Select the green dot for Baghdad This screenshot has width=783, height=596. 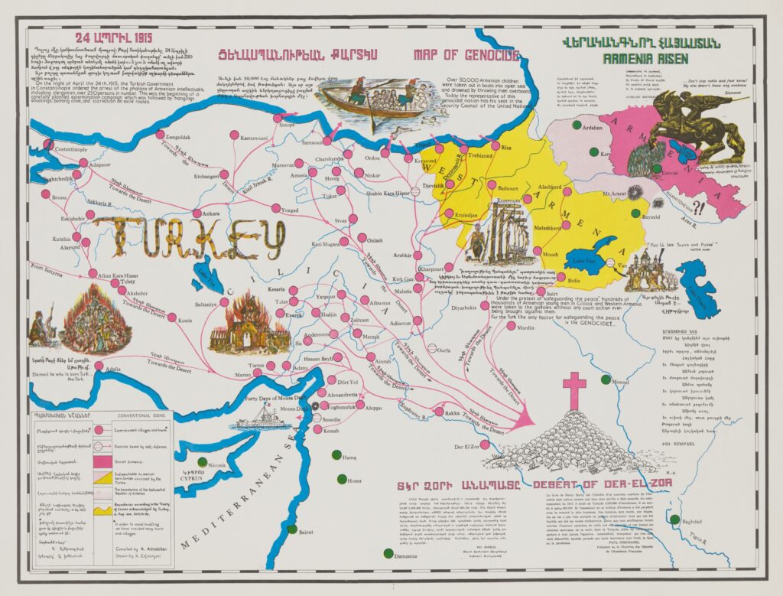pos(674,519)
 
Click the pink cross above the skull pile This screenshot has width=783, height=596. pos(573,389)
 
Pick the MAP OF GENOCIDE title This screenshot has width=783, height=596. pos(466,55)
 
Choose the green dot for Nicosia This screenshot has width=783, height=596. pos(202,462)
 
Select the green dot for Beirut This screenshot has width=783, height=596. pos(291,529)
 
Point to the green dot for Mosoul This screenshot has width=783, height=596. pos(606,379)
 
